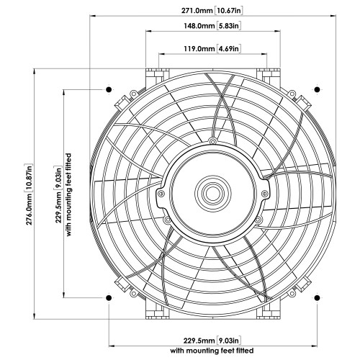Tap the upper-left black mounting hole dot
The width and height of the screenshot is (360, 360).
tap(108, 90)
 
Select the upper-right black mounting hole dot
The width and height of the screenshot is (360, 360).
tap(316, 90)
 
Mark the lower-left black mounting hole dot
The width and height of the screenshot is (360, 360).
tap(108, 298)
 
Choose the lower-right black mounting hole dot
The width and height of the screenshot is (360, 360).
tap(316, 298)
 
